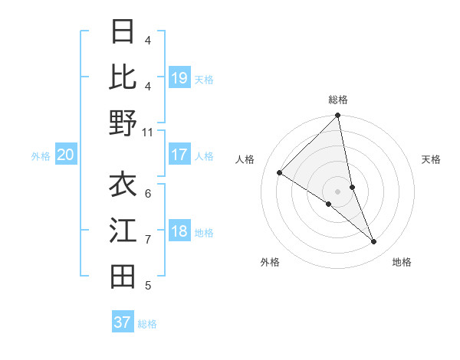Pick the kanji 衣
click(x=123, y=185)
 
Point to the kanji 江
click(x=123, y=230)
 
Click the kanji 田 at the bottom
click(x=123, y=276)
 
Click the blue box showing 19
click(x=179, y=78)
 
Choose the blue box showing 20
click(x=66, y=155)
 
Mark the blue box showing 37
click(x=123, y=322)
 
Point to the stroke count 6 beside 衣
click(x=147, y=193)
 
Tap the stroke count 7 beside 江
click(x=147, y=240)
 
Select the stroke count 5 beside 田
click(x=147, y=286)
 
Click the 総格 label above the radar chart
click(x=338, y=100)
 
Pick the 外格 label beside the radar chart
click(x=269, y=262)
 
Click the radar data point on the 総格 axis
click(x=338, y=116)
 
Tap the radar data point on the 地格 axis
click(x=374, y=242)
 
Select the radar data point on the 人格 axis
click(x=280, y=172)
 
